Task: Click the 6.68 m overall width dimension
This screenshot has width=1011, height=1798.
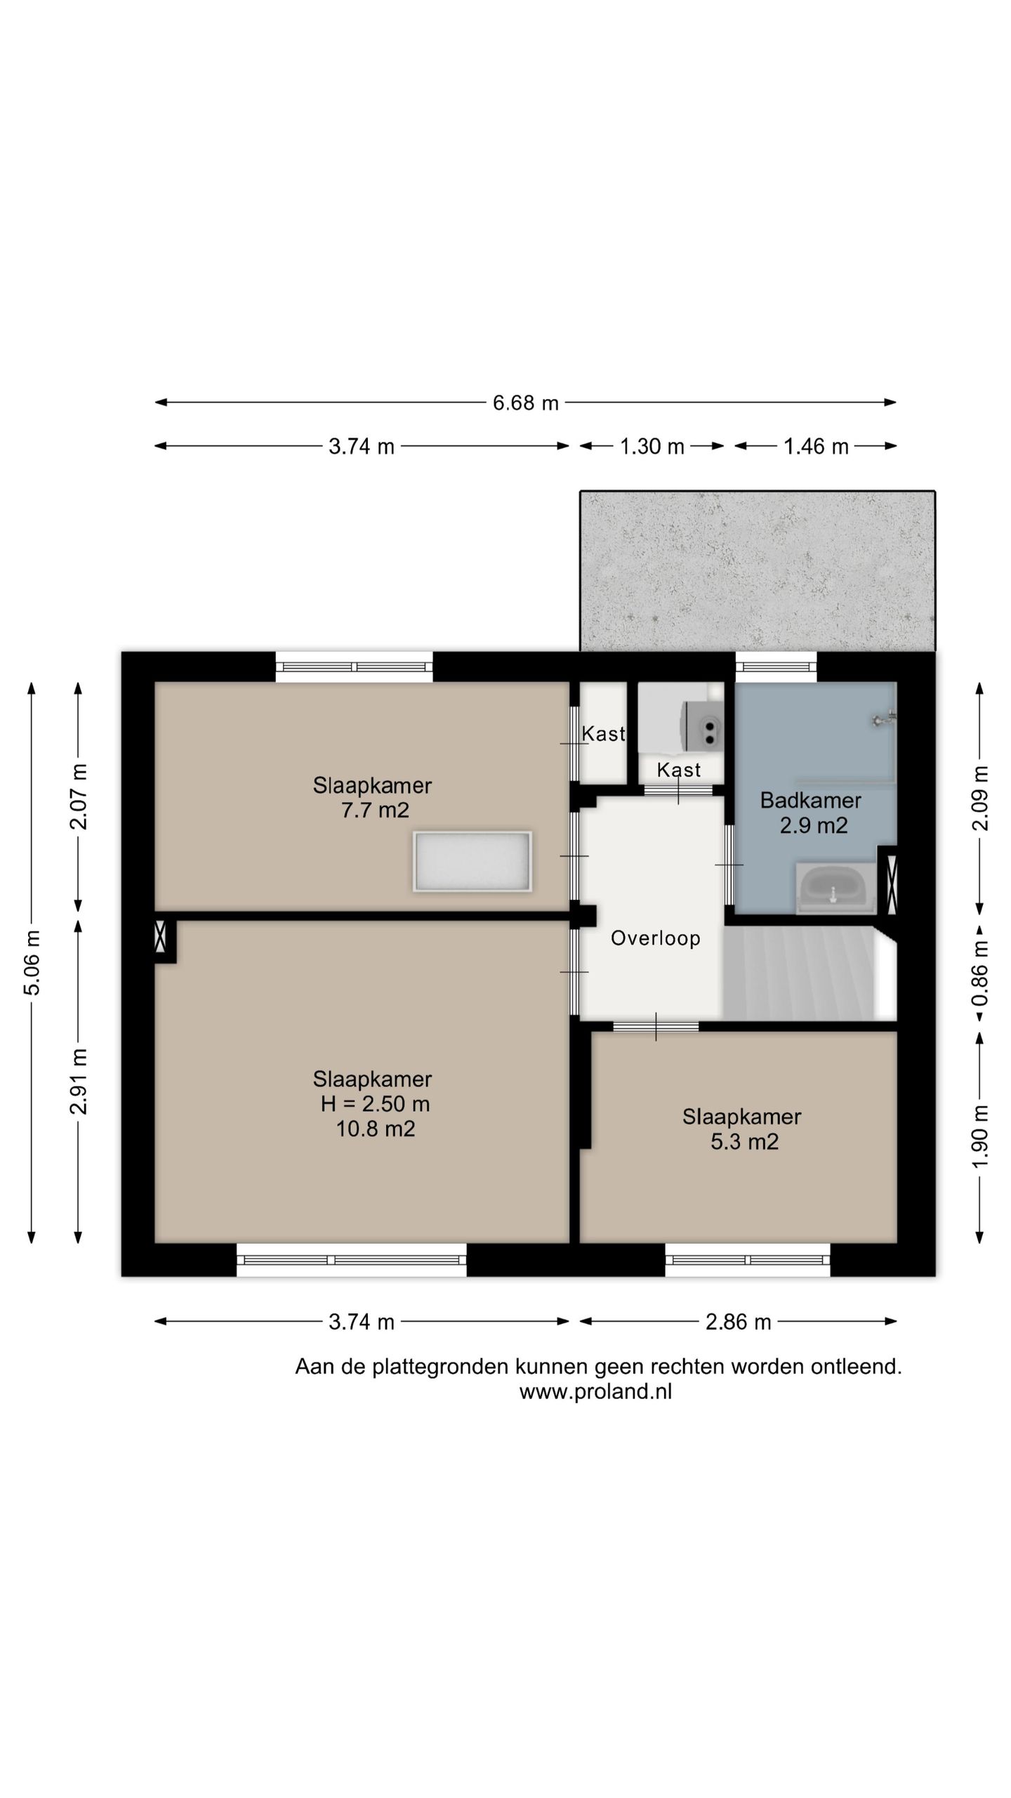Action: coord(525,402)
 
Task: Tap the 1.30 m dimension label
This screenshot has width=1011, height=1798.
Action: coord(652,447)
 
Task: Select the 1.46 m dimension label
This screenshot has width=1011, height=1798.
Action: coord(816,447)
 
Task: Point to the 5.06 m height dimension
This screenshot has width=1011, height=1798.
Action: coord(32,962)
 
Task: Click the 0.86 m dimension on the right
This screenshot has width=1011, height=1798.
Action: coord(980,973)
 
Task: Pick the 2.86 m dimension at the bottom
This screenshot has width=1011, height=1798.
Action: coord(739,1322)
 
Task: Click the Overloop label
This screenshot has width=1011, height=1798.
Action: coord(656,938)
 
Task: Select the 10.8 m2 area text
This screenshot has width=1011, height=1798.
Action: coord(376,1129)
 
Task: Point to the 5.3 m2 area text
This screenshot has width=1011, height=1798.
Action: coord(744,1141)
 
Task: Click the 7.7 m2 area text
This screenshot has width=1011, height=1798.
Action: coord(375,810)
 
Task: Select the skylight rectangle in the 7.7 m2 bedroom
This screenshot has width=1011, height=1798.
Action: coord(473,862)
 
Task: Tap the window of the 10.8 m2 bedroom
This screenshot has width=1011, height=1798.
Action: coord(351,1259)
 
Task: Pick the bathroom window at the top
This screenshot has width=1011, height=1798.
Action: coord(776,667)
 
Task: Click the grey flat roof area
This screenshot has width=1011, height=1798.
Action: coord(758,571)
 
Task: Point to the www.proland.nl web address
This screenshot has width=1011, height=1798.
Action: coord(595,1391)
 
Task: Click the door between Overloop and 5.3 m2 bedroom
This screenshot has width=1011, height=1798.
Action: coord(656,1026)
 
